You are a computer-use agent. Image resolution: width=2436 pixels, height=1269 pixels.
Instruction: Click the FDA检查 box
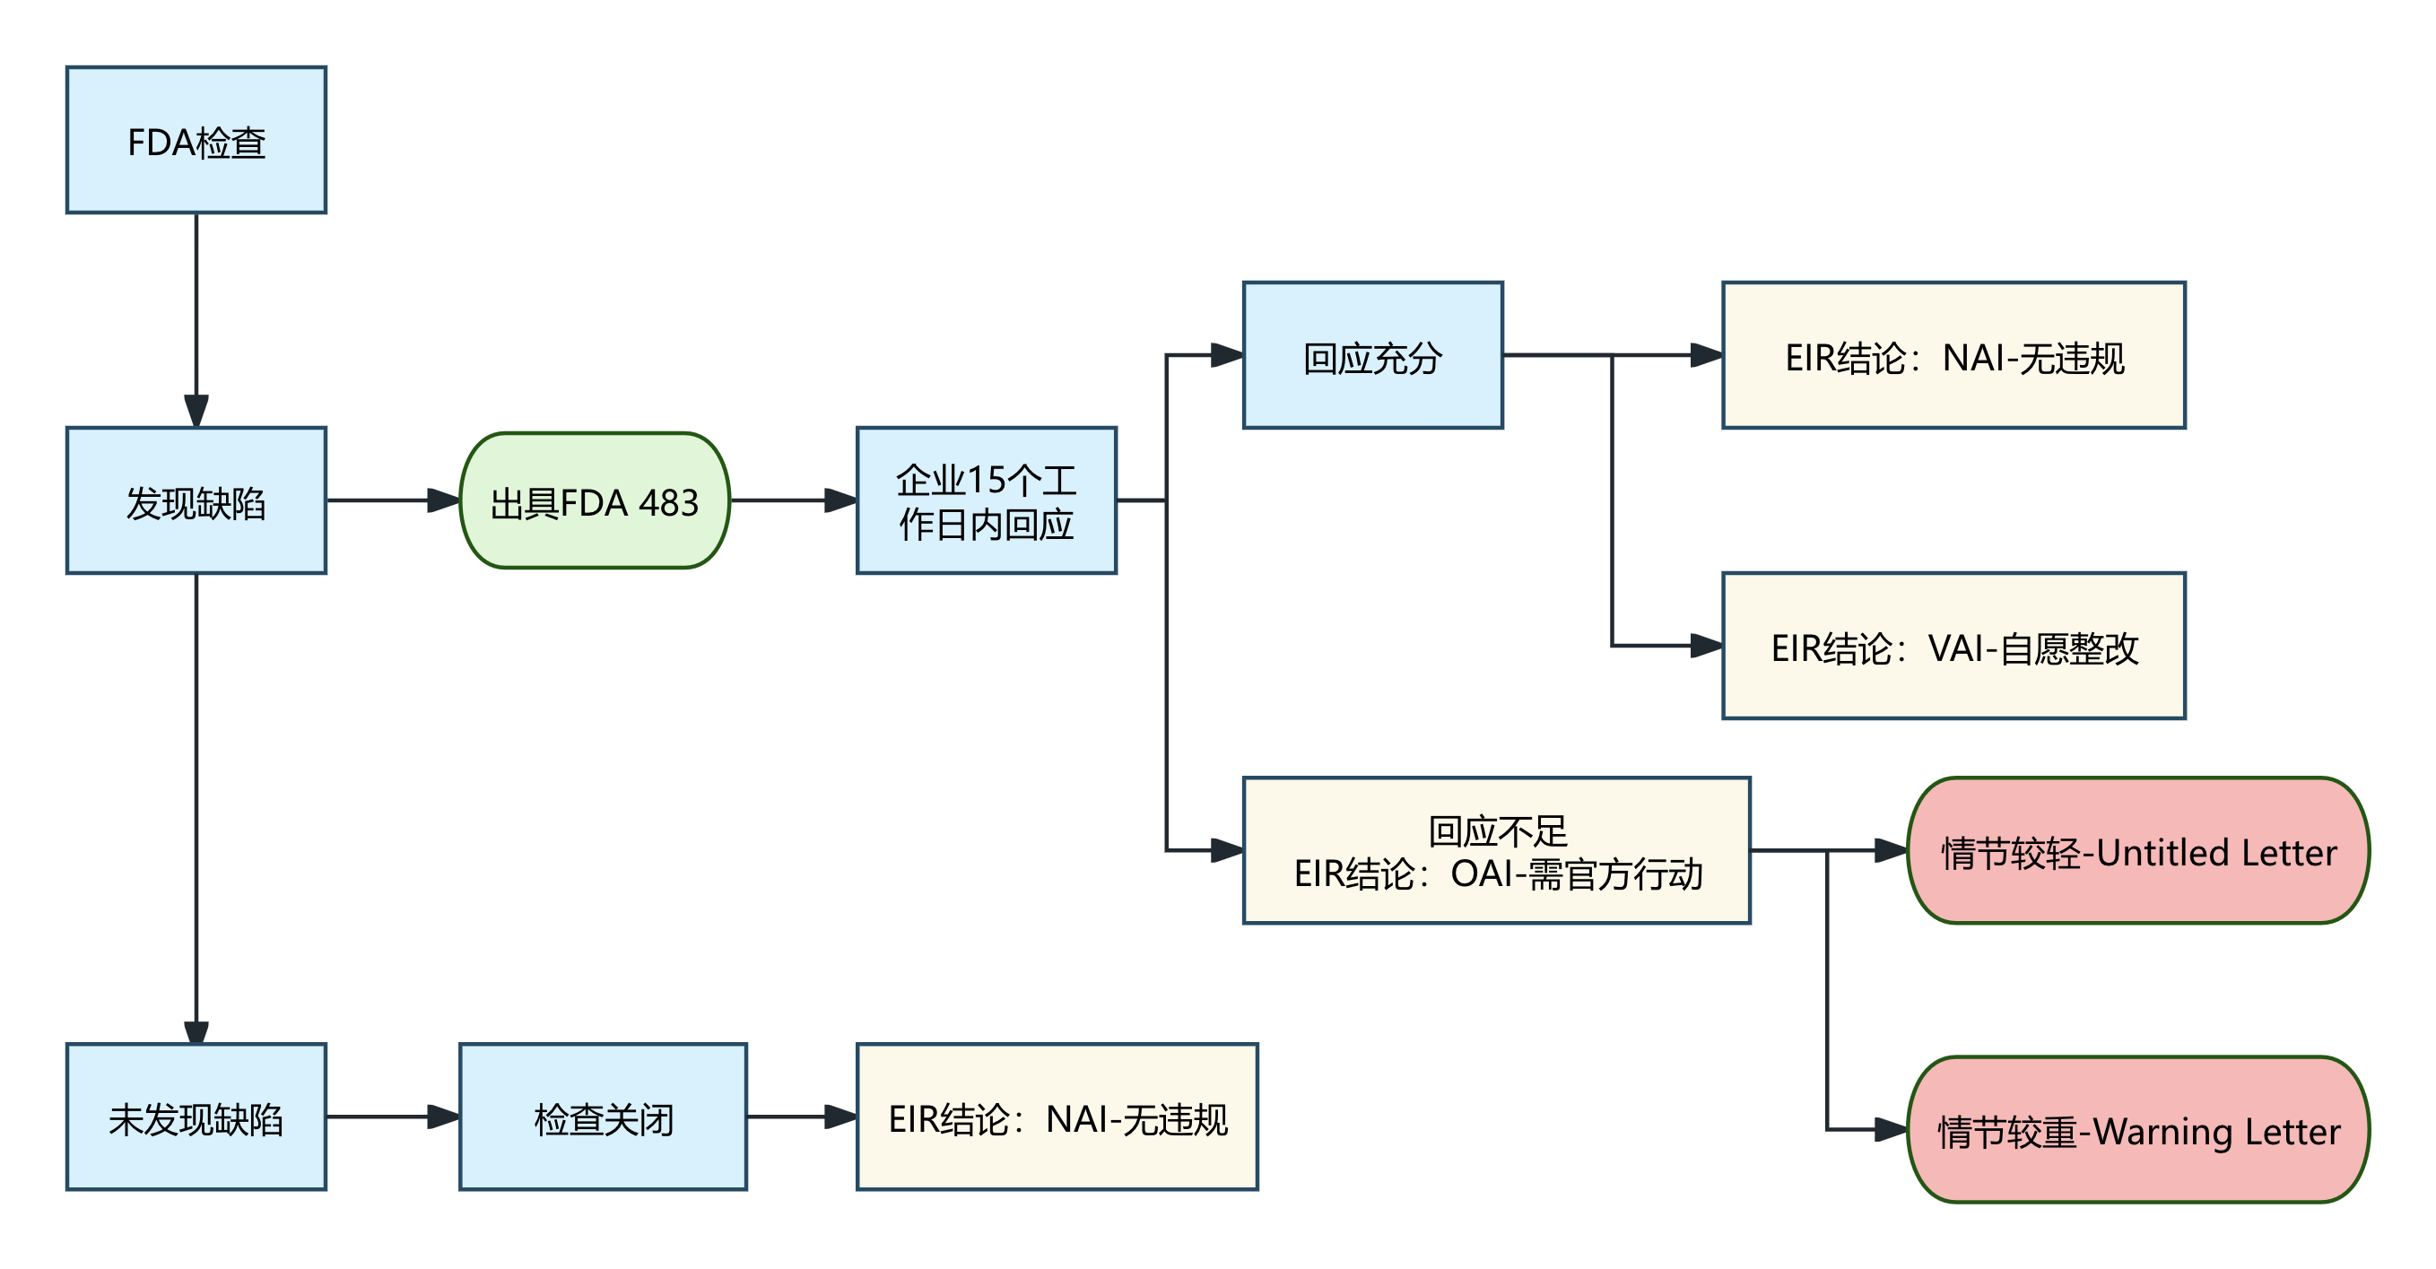pyautogui.click(x=196, y=140)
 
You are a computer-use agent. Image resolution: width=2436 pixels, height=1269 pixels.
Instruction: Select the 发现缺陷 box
pyautogui.click(x=196, y=500)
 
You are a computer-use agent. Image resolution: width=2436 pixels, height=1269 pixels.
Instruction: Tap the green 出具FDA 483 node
pyautogui.click(x=594, y=500)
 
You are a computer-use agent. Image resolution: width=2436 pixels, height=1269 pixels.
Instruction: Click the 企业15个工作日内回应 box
pyautogui.click(x=987, y=500)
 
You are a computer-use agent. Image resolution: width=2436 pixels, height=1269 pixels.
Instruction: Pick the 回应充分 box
pyautogui.click(x=1372, y=355)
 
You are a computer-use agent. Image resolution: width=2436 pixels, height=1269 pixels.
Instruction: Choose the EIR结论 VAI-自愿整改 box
pyautogui.click(x=1953, y=646)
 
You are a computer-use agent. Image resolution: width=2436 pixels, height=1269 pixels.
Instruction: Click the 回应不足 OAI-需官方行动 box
pyautogui.click(x=1496, y=850)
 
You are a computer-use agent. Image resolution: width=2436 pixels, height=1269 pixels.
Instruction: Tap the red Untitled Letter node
pyautogui.click(x=2138, y=850)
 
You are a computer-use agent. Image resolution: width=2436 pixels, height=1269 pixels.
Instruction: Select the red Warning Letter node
pyautogui.click(x=2138, y=1129)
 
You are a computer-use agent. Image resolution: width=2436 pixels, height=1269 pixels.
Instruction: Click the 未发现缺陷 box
pyautogui.click(x=196, y=1117)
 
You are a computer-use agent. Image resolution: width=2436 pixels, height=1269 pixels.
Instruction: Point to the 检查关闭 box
pyautogui.click(x=603, y=1117)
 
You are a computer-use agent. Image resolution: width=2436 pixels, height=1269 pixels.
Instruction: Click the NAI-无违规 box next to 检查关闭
pyautogui.click(x=1057, y=1117)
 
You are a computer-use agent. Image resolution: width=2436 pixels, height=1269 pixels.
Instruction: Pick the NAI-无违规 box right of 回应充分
pyautogui.click(x=1953, y=355)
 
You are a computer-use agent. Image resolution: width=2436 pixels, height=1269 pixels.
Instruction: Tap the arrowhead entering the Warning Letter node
pyautogui.click(x=1892, y=1129)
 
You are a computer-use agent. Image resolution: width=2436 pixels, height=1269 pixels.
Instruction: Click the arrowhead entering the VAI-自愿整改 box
pyautogui.click(x=1707, y=646)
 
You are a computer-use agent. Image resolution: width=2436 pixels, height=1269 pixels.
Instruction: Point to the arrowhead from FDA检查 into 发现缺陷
pyautogui.click(x=196, y=412)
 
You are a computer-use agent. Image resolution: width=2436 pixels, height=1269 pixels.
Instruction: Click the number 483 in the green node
pyautogui.click(x=668, y=503)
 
